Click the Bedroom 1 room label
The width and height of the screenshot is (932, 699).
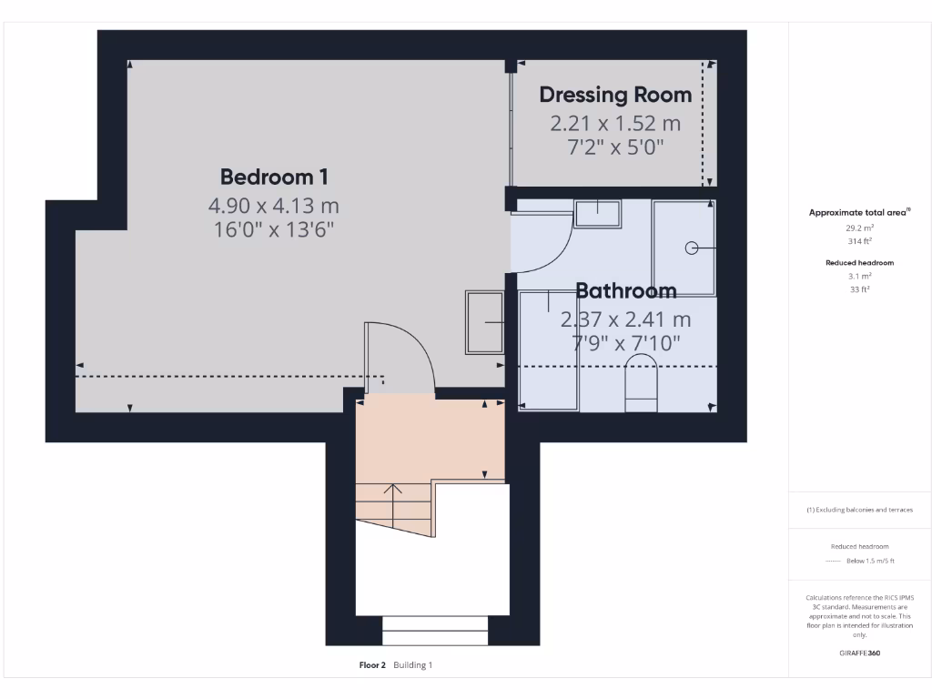[x=274, y=176]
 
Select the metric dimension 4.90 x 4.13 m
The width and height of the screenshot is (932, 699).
[x=274, y=206]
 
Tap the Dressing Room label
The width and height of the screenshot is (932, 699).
[x=615, y=95]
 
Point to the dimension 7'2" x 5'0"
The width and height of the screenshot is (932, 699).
[x=615, y=147]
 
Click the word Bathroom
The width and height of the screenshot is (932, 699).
[x=626, y=291]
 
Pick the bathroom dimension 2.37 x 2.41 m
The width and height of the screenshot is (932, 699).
[x=626, y=319]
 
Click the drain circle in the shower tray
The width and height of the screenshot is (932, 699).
[x=691, y=247]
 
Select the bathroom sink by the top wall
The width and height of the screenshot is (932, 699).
[x=597, y=213]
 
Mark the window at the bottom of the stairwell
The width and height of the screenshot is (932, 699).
[x=434, y=630]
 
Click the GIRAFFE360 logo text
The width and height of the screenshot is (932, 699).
[x=860, y=653]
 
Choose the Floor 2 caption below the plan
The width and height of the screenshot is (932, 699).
[x=374, y=665]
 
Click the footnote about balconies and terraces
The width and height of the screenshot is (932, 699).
[x=860, y=510]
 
